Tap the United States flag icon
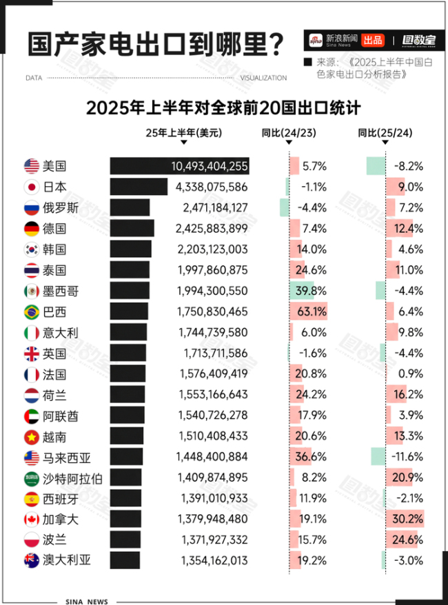coord(31,166)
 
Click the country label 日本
coord(54,187)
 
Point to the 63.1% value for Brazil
coord(311,311)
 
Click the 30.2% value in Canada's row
coord(408,520)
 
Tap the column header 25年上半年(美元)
coord(184,133)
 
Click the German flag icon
coord(31,229)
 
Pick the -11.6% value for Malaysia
coord(407,457)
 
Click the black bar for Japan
coord(139,187)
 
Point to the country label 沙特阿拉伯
coord(72,478)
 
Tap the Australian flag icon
coord(31,561)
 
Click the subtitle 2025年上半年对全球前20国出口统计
coord(224,108)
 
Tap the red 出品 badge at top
coord(373,40)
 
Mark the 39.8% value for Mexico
coord(311,291)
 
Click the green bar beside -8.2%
coord(376,166)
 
